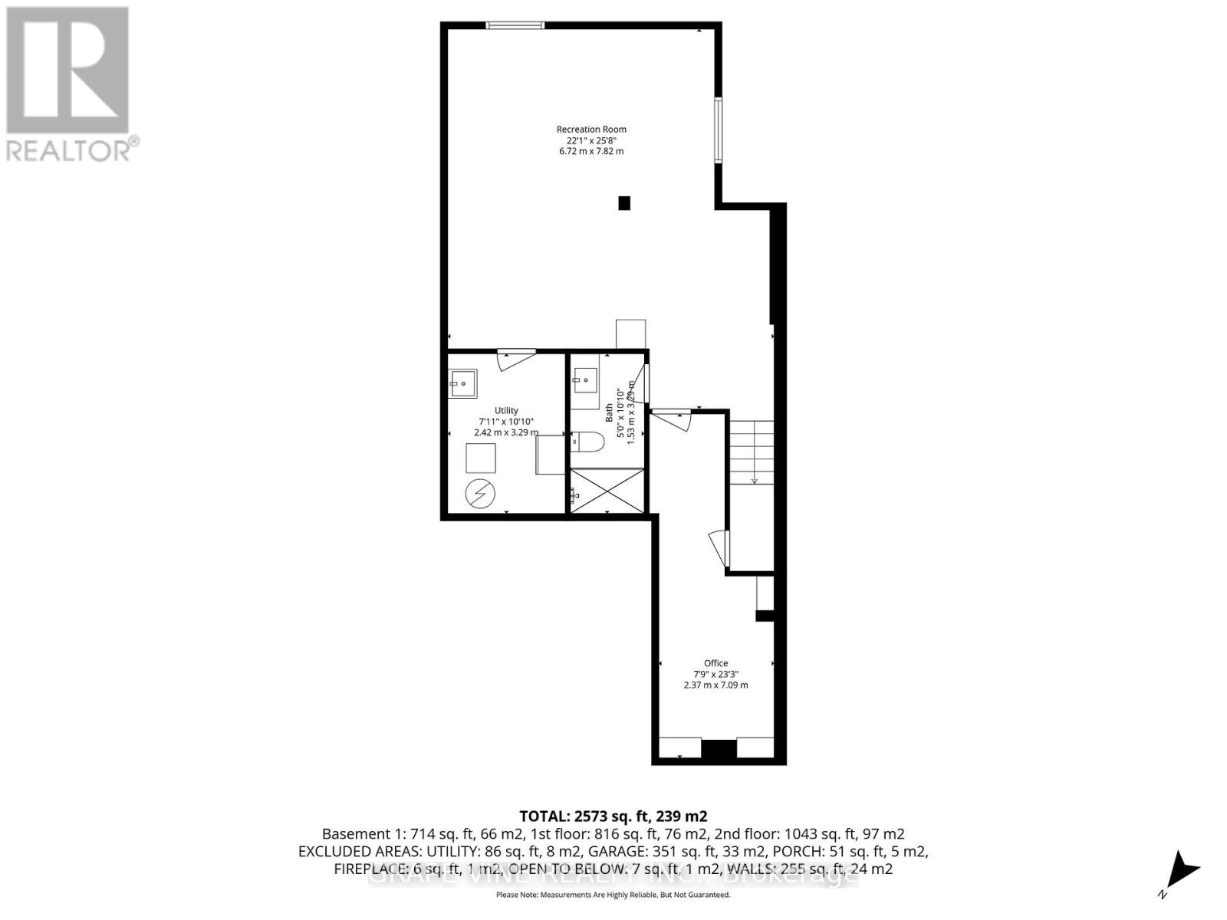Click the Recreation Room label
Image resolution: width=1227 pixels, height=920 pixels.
(x=590, y=130)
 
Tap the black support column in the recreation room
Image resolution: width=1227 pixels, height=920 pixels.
(x=624, y=203)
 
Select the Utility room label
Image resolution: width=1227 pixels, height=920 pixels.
(x=506, y=411)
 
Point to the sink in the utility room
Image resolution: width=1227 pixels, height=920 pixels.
(x=463, y=383)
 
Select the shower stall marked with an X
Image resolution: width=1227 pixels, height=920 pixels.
(x=608, y=491)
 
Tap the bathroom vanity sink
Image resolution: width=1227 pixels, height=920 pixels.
(x=585, y=379)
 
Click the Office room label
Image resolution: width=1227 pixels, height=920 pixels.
(x=715, y=663)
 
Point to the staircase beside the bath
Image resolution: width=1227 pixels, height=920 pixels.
(x=752, y=452)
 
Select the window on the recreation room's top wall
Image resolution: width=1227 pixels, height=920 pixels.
(x=515, y=25)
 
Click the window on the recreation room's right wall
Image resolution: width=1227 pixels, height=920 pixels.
(x=719, y=130)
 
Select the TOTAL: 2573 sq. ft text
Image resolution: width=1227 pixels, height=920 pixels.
(x=613, y=816)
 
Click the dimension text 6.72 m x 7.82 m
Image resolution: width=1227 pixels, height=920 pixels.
(x=590, y=151)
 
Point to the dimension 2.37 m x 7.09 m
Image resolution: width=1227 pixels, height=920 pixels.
(x=715, y=685)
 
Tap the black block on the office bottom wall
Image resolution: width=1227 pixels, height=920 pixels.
(x=719, y=749)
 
